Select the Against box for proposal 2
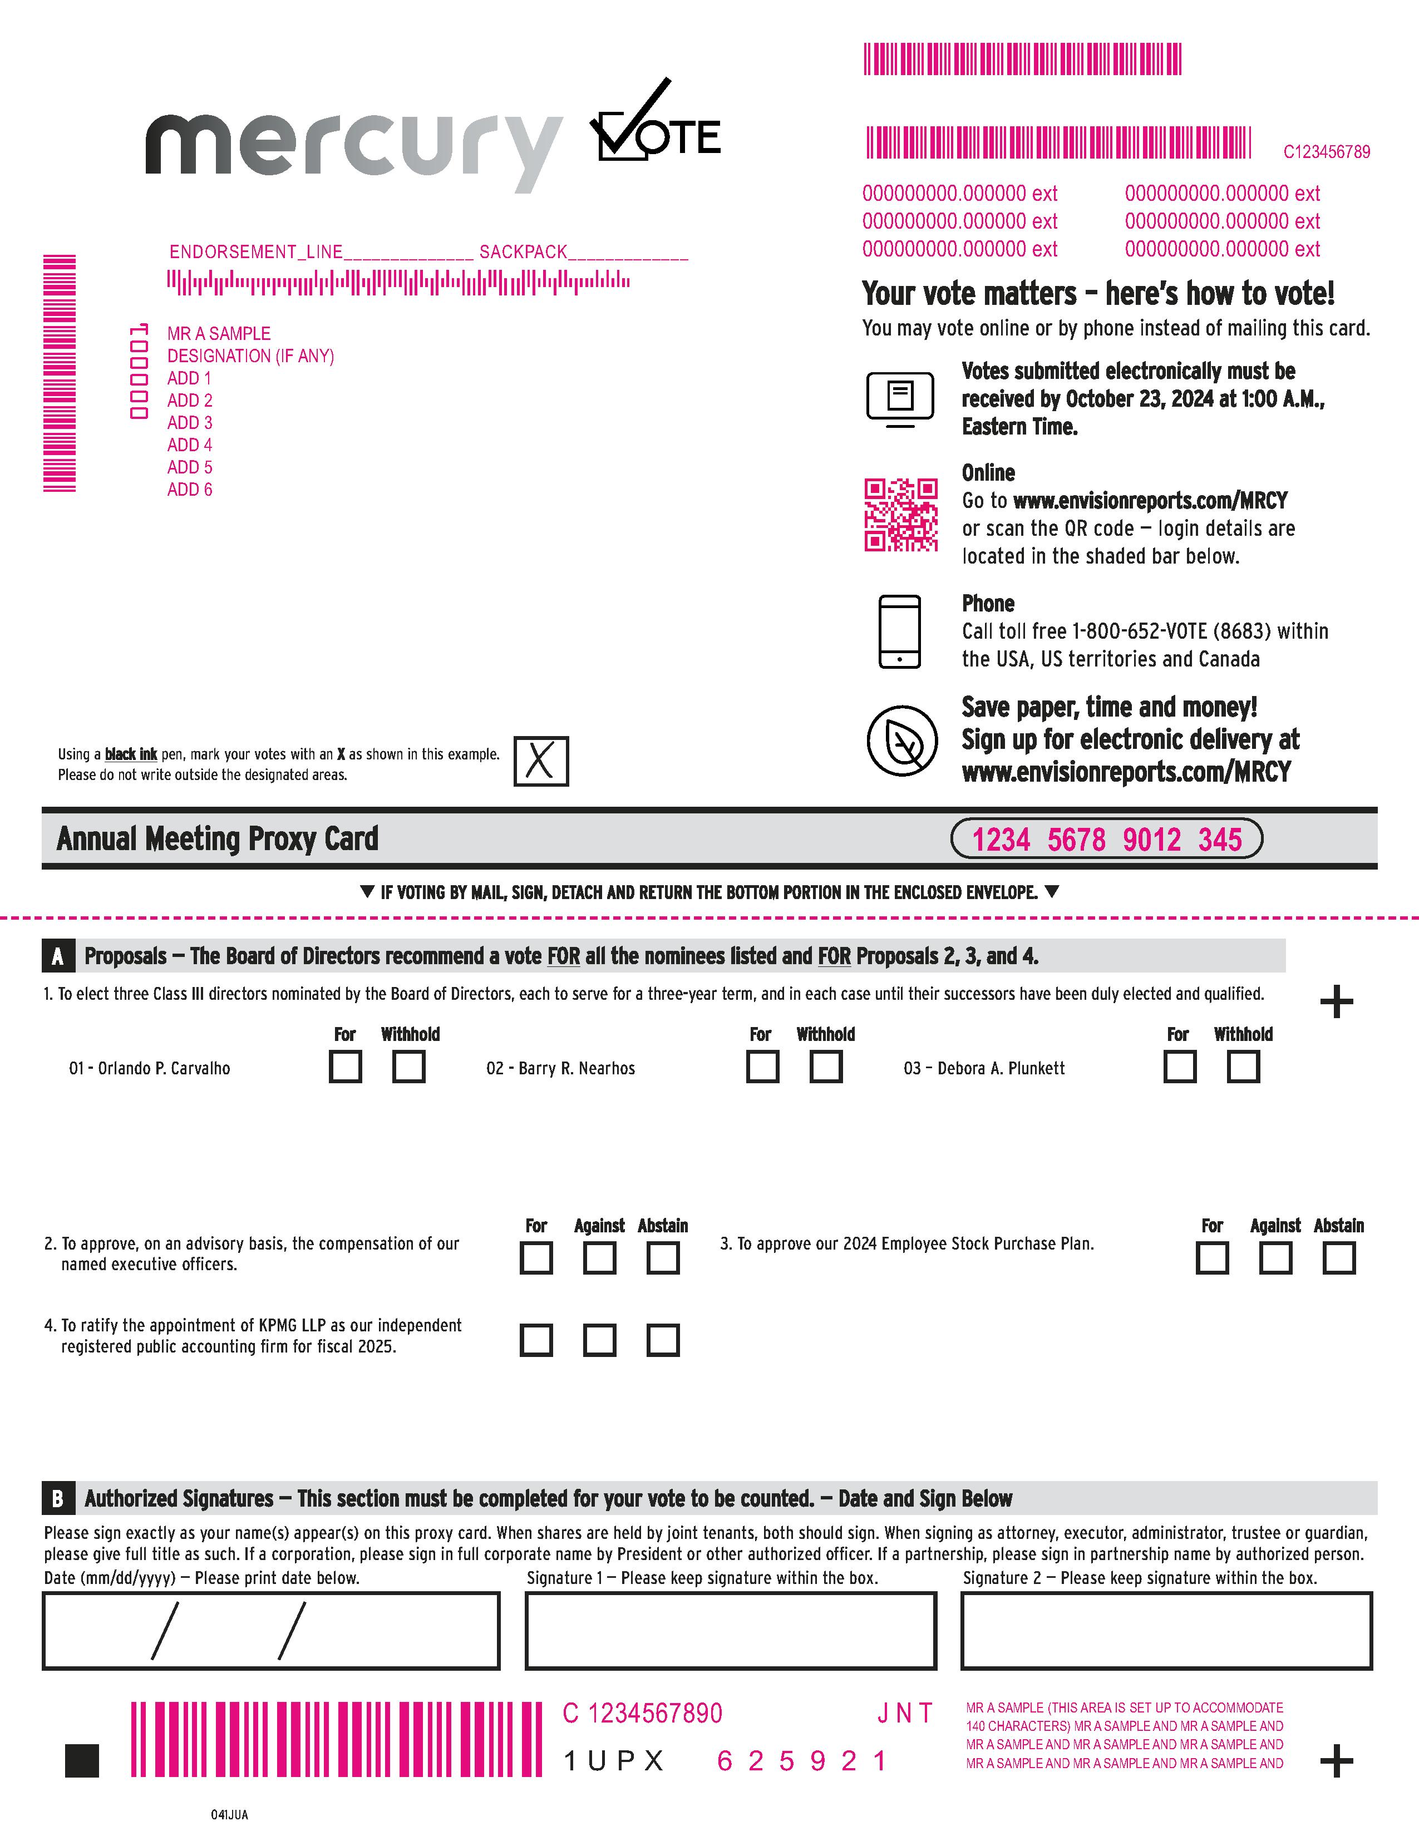tap(599, 1258)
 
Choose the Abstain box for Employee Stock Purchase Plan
tap(1338, 1258)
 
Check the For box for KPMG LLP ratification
tap(536, 1340)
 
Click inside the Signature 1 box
tap(731, 1630)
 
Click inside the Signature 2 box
tap(1166, 1630)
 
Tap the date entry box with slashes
tap(270, 1630)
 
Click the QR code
tap(900, 515)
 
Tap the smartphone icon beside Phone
tap(899, 631)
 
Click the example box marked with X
tap(540, 761)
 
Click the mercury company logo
tap(353, 147)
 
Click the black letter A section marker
tap(57, 956)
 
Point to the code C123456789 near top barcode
tap(1326, 152)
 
